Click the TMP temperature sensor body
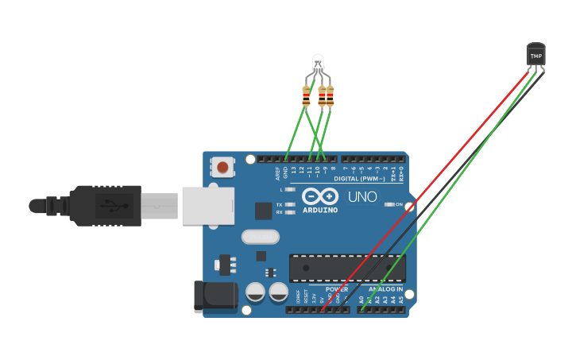tap(536, 55)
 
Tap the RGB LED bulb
tap(318, 62)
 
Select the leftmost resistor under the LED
tap(307, 96)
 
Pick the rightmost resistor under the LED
tap(330, 96)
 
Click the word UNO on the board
tap(362, 196)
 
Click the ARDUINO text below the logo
tap(319, 211)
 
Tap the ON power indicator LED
tap(389, 204)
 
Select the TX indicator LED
tap(290, 204)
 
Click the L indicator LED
tap(290, 190)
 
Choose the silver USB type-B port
tap(207, 205)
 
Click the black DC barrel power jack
tap(215, 296)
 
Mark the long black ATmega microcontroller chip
tap(347, 268)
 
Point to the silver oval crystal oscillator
tap(260, 236)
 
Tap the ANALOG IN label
tap(385, 289)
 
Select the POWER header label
tap(336, 289)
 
